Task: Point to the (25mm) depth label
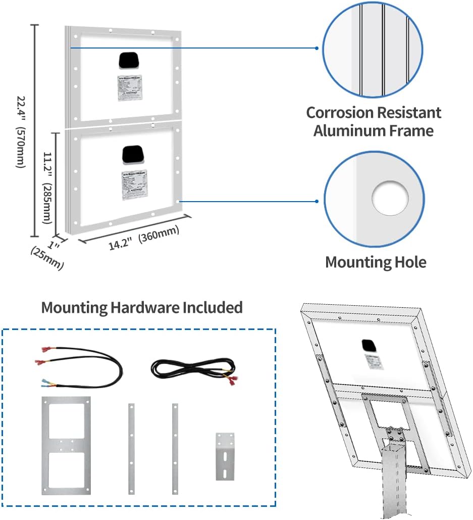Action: coord(47,257)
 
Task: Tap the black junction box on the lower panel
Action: coord(133,154)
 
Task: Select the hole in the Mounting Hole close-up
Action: coord(390,197)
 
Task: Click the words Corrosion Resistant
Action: coord(374,112)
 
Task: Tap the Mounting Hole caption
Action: coord(376,262)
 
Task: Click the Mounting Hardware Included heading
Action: coord(142,307)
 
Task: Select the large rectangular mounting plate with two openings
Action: coord(66,446)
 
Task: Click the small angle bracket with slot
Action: coord(225,456)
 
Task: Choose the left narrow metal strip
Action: coord(131,448)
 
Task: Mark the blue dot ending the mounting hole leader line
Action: coord(317,201)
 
